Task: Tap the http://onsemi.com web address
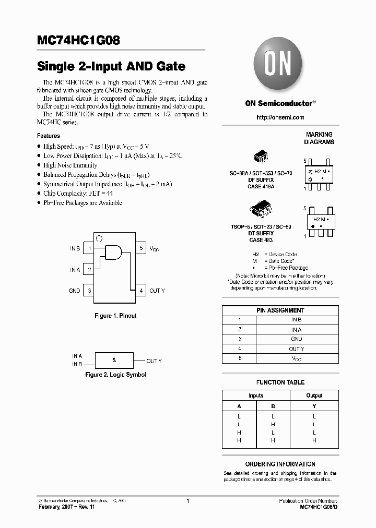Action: [280, 117]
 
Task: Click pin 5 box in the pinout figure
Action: [141, 248]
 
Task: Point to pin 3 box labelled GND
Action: [90, 291]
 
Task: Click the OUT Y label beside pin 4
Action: [157, 291]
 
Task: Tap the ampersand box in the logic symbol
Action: [114, 361]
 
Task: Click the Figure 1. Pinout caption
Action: [115, 316]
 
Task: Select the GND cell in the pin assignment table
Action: [296, 339]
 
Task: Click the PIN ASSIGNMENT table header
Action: [280, 310]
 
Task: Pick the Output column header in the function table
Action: [314, 395]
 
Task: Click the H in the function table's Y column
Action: [314, 440]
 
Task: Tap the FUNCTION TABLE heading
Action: [280, 382]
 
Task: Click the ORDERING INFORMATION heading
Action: [280, 464]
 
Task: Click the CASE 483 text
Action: [261, 240]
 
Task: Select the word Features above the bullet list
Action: [49, 136]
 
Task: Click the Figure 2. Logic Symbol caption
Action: [115, 375]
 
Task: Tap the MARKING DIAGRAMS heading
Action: [319, 138]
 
